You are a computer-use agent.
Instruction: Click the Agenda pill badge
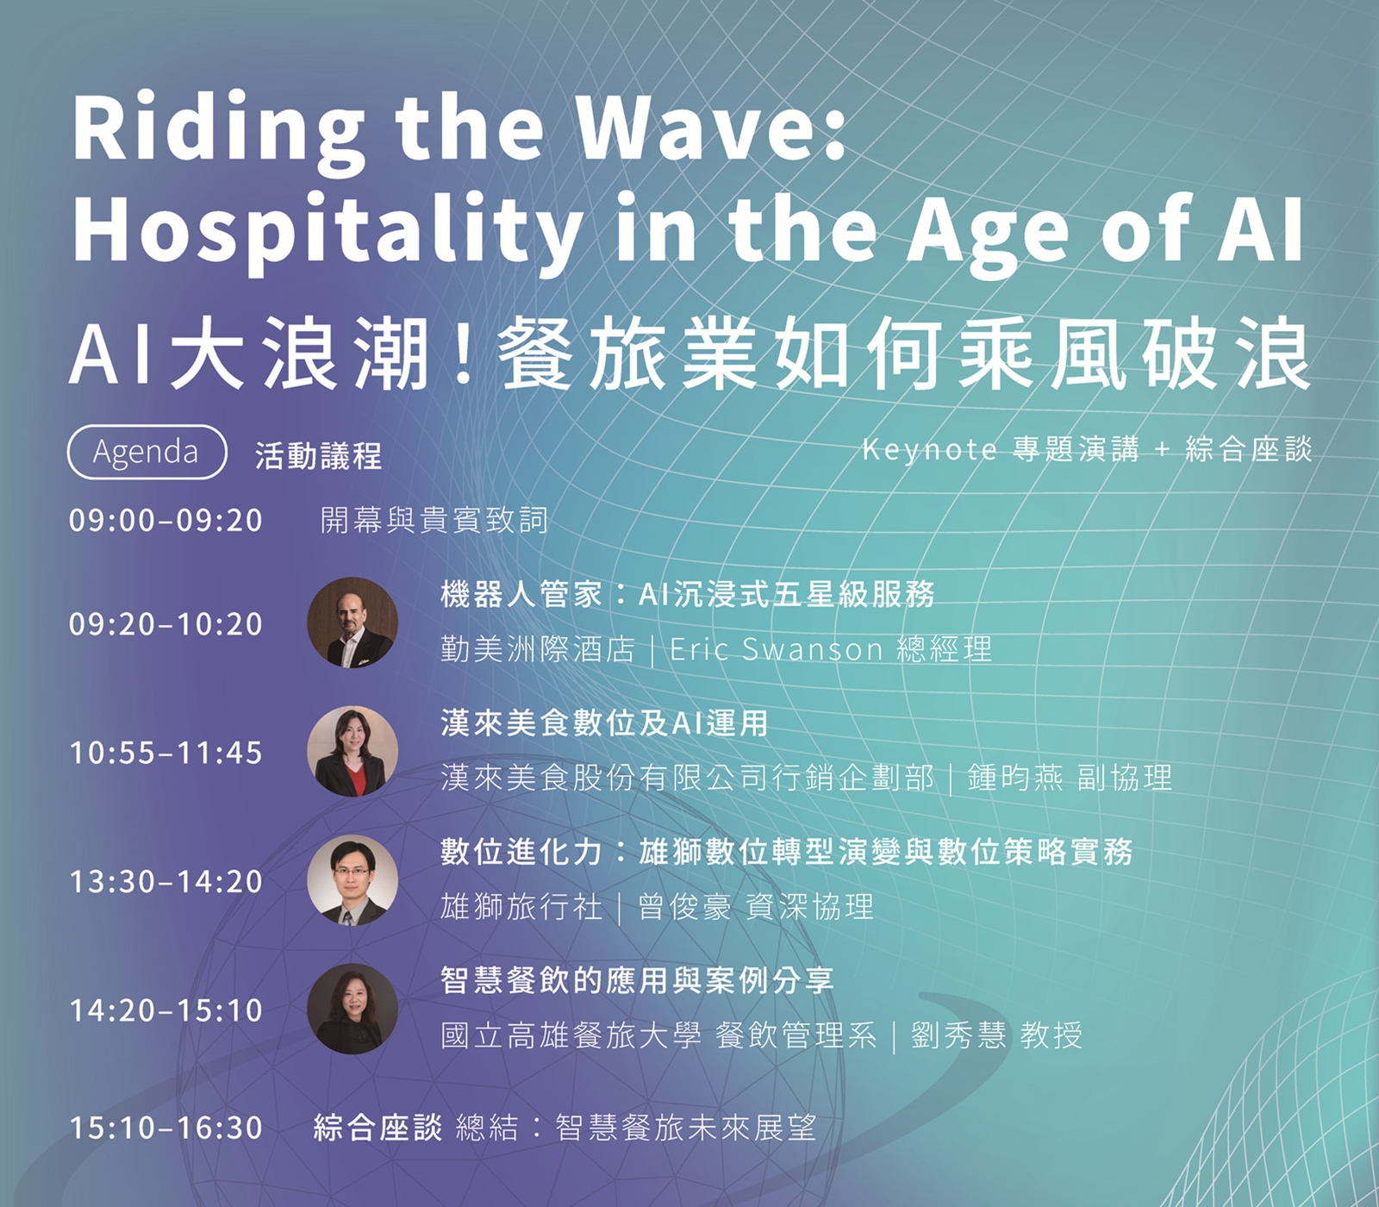(147, 452)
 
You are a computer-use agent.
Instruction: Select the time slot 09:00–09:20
(165, 521)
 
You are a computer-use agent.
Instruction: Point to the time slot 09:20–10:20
(165, 624)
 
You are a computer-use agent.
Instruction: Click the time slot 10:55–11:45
(165, 754)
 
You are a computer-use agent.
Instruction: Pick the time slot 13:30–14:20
(165, 882)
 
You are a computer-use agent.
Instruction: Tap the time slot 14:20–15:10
(165, 1010)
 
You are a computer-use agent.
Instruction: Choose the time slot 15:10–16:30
(165, 1128)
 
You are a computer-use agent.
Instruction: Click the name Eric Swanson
(777, 649)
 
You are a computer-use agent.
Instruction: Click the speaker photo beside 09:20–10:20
(353, 622)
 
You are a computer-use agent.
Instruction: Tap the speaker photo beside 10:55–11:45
(353, 751)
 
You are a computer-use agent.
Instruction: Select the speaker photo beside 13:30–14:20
(353, 879)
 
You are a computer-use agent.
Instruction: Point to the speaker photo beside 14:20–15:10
(353, 1009)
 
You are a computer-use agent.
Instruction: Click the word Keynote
(930, 450)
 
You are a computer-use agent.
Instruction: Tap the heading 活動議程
(318, 455)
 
